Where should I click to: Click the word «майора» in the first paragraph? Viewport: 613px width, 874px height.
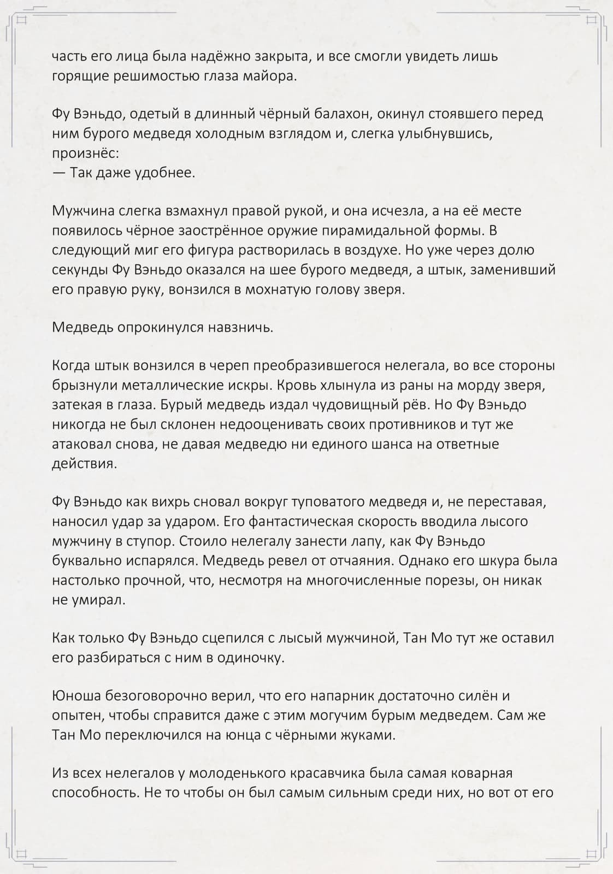tap(269, 76)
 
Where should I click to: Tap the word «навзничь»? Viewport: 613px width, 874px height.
tap(240, 328)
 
